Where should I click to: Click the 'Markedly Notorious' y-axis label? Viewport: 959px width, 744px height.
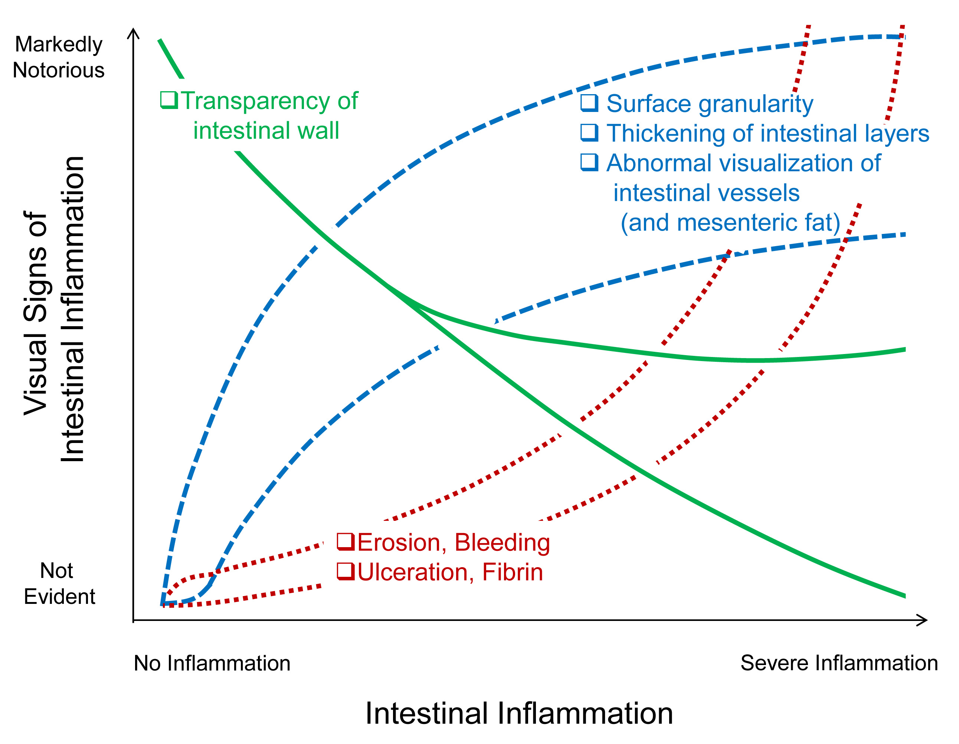[58, 57]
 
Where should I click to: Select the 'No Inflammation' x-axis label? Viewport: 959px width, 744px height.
[212, 663]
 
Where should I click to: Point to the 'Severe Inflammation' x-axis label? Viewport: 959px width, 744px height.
[839, 663]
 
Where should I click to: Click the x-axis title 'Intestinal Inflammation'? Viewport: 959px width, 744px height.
[519, 714]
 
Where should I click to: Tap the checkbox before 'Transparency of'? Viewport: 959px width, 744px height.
[168, 100]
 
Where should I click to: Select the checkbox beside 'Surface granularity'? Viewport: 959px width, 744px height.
[589, 103]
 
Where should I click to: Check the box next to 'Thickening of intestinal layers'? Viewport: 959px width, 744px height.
[589, 132]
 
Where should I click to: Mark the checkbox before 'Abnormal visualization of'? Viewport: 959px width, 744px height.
[589, 162]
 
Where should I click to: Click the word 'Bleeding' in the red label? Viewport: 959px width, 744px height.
[502, 543]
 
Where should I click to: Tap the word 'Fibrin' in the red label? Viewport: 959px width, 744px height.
[513, 572]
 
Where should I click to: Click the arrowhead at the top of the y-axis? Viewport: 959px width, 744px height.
[133, 33]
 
